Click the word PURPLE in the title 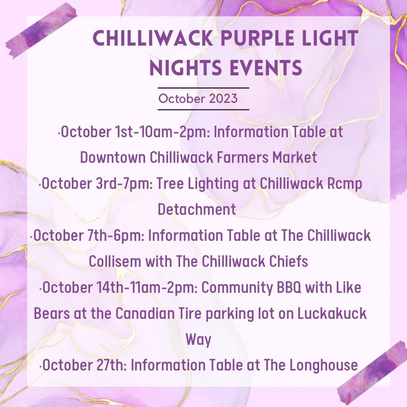click(258, 38)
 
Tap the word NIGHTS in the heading click(185, 68)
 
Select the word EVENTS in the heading click(266, 68)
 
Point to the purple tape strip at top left click(41, 30)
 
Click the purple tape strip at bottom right click(372, 373)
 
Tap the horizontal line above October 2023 click(203, 88)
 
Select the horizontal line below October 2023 click(203, 110)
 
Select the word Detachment click(197, 209)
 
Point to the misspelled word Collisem click(115, 261)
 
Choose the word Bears click(52, 313)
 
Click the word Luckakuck click(332, 313)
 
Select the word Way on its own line click(198, 340)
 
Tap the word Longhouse click(324, 366)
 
